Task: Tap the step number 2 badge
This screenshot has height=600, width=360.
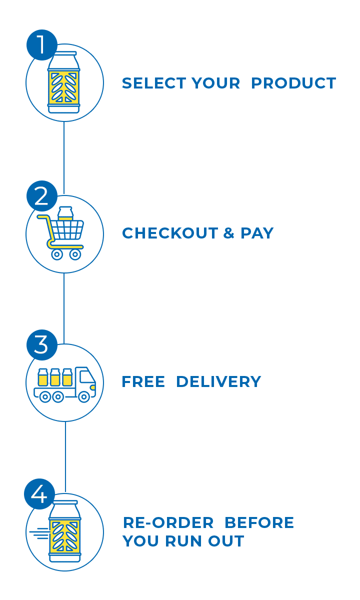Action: (41, 196)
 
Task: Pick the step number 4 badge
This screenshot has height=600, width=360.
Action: (39, 495)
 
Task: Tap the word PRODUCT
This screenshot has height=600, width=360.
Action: (293, 83)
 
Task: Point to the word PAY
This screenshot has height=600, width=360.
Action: (257, 233)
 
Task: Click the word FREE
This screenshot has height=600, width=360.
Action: (143, 382)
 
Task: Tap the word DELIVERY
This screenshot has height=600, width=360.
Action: (218, 382)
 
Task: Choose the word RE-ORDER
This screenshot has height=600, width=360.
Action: (168, 523)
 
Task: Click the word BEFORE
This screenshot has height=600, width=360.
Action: (259, 523)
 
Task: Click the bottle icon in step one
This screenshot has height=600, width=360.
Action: (64, 82)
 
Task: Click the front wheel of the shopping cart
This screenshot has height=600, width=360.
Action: (75, 254)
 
